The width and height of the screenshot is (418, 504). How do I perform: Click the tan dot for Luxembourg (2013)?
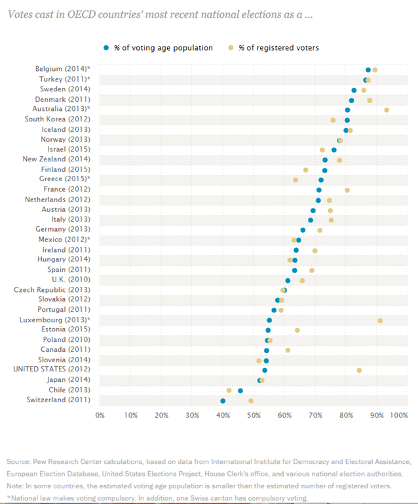coord(380,320)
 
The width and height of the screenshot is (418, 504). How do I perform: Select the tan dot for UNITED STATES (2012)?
coord(359,370)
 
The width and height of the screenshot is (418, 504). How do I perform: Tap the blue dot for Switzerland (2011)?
coord(223,400)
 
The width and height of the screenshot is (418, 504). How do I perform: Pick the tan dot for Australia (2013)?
coord(387,110)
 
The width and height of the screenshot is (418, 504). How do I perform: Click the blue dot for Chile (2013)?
coord(240,390)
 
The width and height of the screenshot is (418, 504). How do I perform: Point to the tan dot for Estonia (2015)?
coord(297,330)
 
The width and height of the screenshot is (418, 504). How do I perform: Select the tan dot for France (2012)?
coord(347,190)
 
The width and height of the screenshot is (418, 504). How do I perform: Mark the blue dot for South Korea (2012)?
coord(347,120)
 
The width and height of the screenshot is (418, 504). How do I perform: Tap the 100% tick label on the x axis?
coord(399,415)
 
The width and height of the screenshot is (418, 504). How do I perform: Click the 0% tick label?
coord(100,415)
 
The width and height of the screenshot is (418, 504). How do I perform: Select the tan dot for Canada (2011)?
coord(288,350)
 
